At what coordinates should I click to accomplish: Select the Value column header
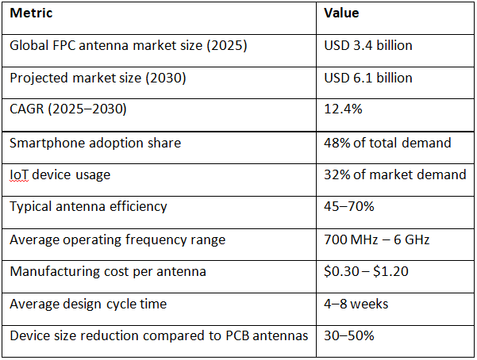click(x=341, y=13)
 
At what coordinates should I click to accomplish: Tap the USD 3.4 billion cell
click(x=368, y=45)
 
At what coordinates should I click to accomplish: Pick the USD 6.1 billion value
click(x=368, y=78)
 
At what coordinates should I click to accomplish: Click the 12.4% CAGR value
click(x=343, y=109)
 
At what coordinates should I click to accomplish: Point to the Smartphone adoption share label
click(x=95, y=143)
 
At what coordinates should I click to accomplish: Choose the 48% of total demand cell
click(x=387, y=143)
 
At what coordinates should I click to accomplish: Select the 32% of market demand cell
click(x=394, y=174)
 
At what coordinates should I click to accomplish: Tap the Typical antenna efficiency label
click(x=88, y=207)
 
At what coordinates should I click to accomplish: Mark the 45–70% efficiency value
click(x=349, y=207)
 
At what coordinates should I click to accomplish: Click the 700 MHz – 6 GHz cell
click(x=377, y=239)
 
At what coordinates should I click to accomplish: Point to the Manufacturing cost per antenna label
click(x=108, y=271)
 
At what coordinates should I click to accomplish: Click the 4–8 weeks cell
click(x=356, y=304)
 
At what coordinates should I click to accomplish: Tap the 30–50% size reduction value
click(x=349, y=335)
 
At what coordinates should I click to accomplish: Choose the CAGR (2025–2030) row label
click(x=67, y=109)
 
